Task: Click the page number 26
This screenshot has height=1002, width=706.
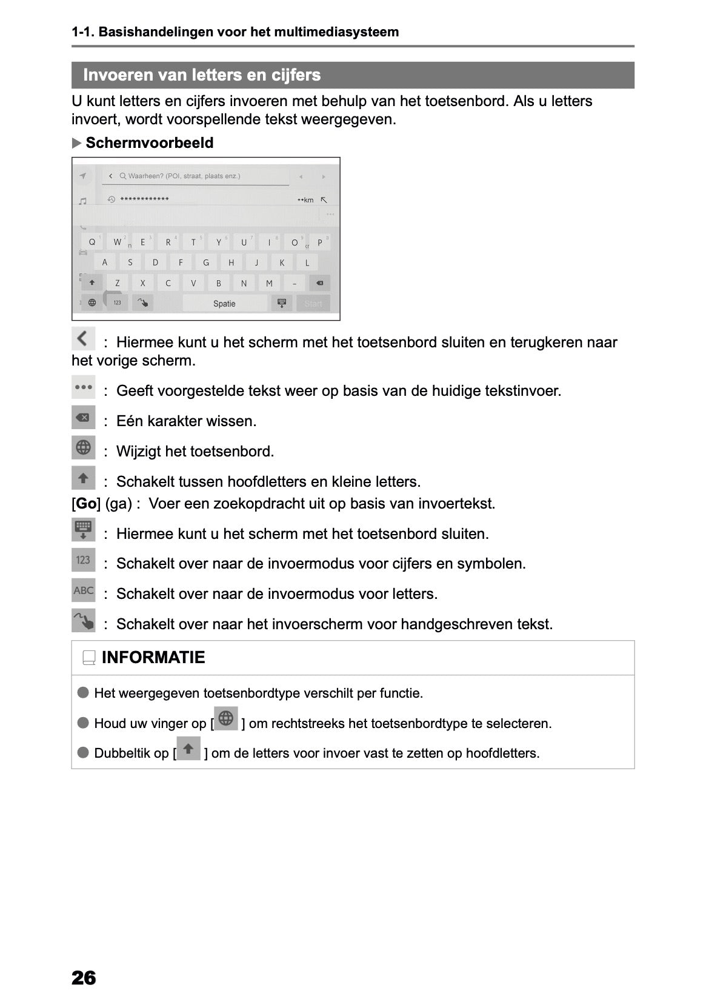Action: [x=84, y=977]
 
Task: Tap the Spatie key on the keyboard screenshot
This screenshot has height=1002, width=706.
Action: [x=224, y=304]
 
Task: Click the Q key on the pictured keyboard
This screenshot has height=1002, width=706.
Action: [x=92, y=242]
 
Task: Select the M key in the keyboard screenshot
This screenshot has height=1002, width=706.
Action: [x=269, y=283]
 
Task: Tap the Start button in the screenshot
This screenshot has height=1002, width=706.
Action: [x=313, y=304]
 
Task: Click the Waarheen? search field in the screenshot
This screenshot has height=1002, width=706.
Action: [x=194, y=176]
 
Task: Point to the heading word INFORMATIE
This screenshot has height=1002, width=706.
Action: [x=153, y=658]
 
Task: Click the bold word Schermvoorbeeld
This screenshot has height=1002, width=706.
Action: [x=150, y=143]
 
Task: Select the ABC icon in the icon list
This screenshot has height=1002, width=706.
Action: [x=84, y=590]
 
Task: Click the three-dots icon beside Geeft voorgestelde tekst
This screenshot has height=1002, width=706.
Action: [x=84, y=387]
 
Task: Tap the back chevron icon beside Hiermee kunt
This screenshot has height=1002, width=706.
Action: [x=83, y=338]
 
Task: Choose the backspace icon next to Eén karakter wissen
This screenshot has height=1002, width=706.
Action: [x=84, y=418]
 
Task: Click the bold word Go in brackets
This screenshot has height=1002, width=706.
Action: [x=86, y=504]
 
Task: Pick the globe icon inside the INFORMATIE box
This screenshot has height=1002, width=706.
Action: [x=226, y=719]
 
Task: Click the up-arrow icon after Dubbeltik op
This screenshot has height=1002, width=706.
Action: [x=188, y=749]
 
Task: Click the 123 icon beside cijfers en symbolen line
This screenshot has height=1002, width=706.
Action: [x=84, y=560]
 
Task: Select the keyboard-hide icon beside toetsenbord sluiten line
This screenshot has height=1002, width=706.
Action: [x=84, y=530]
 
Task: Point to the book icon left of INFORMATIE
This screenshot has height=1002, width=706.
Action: [x=89, y=658]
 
